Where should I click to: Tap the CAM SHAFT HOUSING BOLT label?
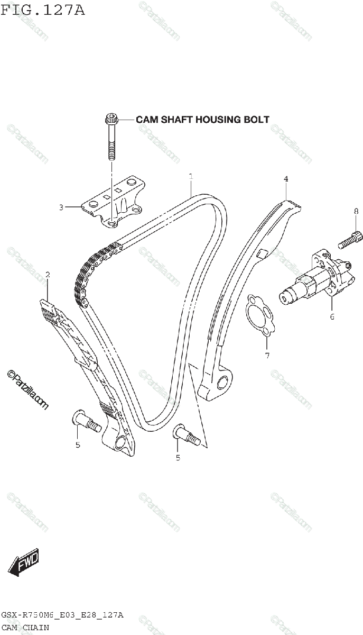pyautogui.click(x=202, y=120)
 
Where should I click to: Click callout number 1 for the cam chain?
pyautogui.click(x=191, y=176)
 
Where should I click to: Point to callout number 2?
pyautogui.click(x=48, y=275)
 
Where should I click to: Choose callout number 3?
pyautogui.click(x=61, y=207)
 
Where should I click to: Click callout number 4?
pyautogui.click(x=286, y=179)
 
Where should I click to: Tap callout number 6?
pyautogui.click(x=332, y=317)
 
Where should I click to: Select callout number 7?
pyautogui.click(x=267, y=356)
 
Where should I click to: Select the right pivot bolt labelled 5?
pyautogui.click(x=187, y=433)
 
